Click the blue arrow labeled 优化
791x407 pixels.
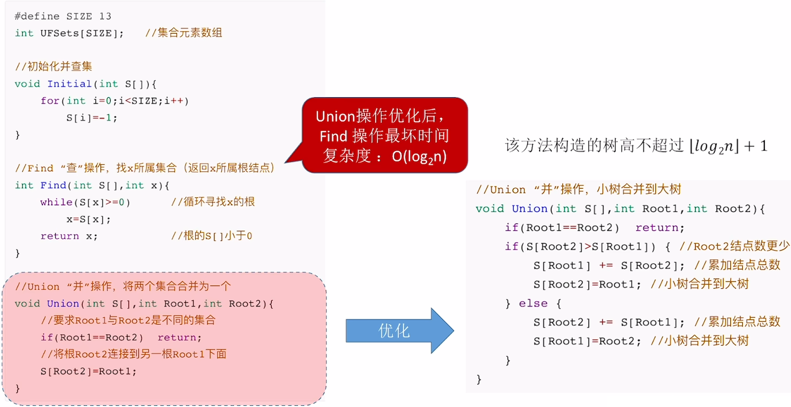394,331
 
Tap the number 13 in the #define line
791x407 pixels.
105,16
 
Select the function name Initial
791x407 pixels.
69,84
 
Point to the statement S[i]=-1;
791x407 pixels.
91,118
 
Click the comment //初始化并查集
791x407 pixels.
53,67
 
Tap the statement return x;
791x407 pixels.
69,236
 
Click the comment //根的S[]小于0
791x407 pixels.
212,236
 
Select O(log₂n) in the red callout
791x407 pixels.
419,156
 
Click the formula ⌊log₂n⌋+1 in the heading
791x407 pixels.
728,146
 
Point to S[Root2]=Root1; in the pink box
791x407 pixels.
89,372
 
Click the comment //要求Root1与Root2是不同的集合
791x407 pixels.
128,321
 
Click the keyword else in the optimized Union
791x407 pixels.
533,304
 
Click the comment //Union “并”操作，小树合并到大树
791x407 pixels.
578,189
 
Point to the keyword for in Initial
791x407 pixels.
49,101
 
